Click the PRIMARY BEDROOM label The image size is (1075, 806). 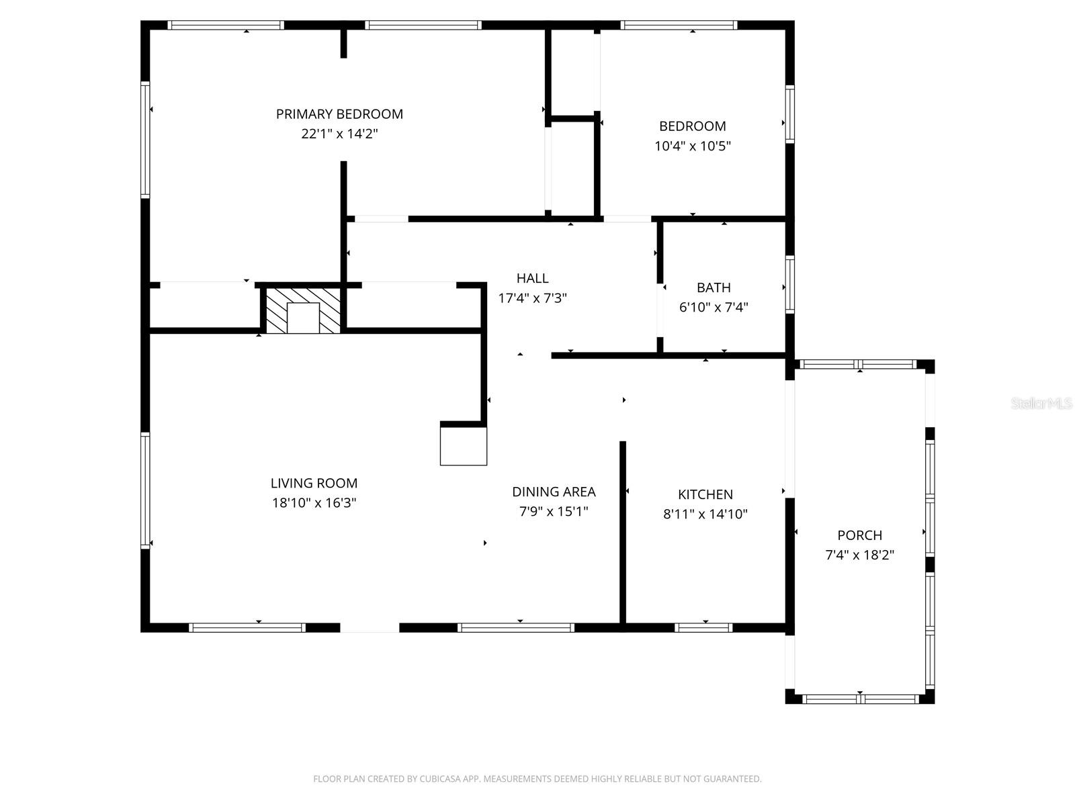[339, 114]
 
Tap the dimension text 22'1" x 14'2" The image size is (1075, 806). [339, 134]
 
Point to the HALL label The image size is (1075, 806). [532, 278]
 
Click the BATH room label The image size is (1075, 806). [714, 287]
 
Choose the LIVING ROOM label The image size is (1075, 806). [314, 483]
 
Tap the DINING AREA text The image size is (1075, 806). [554, 492]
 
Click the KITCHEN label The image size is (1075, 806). [705, 494]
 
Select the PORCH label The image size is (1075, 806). [859, 535]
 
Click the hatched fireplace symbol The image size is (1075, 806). [303, 310]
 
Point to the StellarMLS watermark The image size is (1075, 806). [1041, 403]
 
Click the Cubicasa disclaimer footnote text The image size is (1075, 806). [537, 779]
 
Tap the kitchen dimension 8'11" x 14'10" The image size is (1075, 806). [705, 514]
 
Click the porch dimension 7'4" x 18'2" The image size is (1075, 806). [859, 555]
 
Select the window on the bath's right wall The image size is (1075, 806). [790, 285]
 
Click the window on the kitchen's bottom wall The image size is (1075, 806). [703, 628]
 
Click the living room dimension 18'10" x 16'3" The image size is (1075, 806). [314, 502]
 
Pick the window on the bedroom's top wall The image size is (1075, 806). [679, 26]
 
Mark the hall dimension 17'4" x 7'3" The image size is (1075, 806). [532, 298]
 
